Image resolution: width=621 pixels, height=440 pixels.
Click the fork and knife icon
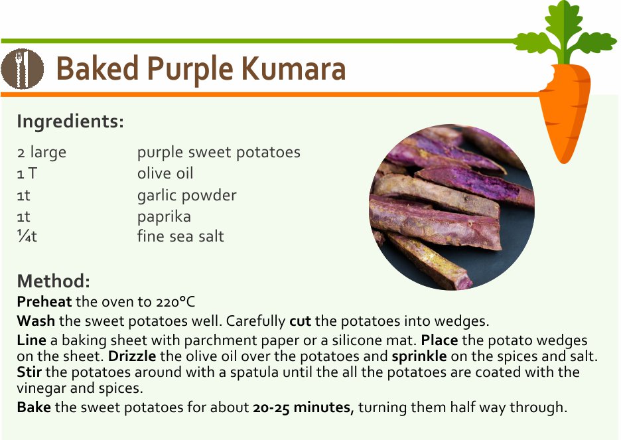[22, 68]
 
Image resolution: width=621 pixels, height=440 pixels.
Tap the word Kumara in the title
[293, 68]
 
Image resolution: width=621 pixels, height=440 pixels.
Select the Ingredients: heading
[70, 121]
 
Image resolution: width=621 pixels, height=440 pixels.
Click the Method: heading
[54, 281]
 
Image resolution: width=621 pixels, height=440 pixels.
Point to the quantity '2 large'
[42, 153]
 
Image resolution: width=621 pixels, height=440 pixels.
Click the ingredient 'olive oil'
[165, 173]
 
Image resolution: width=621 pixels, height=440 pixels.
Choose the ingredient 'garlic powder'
[186, 195]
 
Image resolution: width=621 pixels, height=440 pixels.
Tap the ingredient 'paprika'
[164, 216]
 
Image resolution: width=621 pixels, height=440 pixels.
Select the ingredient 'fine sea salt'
[180, 236]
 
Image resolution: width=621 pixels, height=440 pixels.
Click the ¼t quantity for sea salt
[27, 236]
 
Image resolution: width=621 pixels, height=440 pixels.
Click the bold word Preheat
[44, 302]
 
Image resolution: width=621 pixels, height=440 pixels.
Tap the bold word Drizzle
[132, 356]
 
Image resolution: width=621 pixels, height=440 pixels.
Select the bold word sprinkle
[419, 356]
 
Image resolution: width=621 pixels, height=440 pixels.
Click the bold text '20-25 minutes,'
[303, 407]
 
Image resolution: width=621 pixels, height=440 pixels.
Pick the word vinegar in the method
[41, 388]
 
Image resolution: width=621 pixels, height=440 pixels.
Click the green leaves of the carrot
[565, 33]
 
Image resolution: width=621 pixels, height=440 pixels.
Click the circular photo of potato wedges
[452, 207]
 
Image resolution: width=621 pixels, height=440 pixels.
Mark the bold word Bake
[34, 407]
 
